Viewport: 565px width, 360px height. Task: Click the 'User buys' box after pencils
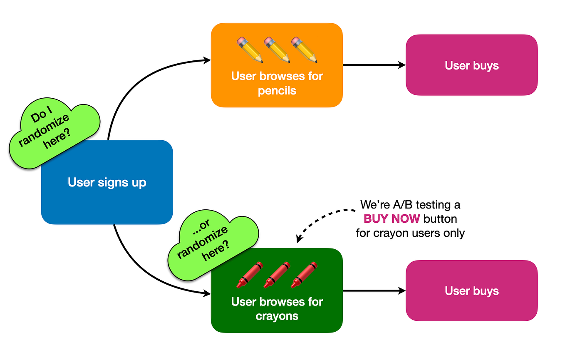pos(471,65)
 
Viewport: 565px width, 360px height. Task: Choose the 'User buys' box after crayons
pos(471,290)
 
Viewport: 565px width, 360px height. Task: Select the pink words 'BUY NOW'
pos(392,219)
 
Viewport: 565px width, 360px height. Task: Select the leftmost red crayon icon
pos(250,275)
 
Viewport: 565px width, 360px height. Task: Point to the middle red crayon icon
pos(277,275)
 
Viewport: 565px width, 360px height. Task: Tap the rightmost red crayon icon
pos(304,275)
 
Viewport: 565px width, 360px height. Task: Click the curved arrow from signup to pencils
pos(133,83)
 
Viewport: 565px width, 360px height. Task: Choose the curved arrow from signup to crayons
pos(137,271)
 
